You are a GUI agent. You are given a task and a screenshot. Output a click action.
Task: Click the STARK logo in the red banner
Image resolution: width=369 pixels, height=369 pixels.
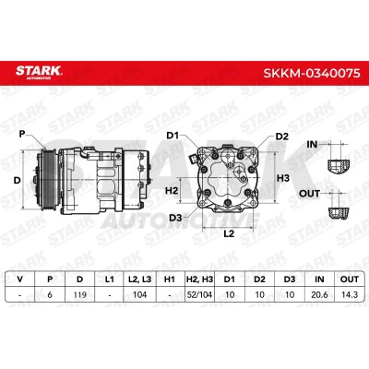(x=39, y=72)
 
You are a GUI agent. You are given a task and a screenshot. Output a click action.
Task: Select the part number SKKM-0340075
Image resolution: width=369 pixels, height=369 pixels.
(x=312, y=73)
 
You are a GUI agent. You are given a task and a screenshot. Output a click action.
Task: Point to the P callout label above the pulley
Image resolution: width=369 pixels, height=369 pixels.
(x=22, y=134)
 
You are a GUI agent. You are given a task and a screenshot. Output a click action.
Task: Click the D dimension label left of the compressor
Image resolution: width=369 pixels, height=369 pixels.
(x=18, y=180)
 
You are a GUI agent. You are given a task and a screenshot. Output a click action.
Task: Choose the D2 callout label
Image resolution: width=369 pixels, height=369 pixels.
(x=282, y=137)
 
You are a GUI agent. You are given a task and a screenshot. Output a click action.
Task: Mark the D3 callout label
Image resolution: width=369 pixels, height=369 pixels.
(x=175, y=218)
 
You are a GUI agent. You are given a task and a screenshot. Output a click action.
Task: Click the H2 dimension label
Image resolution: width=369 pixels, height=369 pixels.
(x=172, y=191)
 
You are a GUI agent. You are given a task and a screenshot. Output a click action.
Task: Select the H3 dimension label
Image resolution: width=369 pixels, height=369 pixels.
(x=283, y=178)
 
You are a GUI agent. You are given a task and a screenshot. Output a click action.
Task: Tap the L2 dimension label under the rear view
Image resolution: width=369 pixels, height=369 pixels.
(x=229, y=233)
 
